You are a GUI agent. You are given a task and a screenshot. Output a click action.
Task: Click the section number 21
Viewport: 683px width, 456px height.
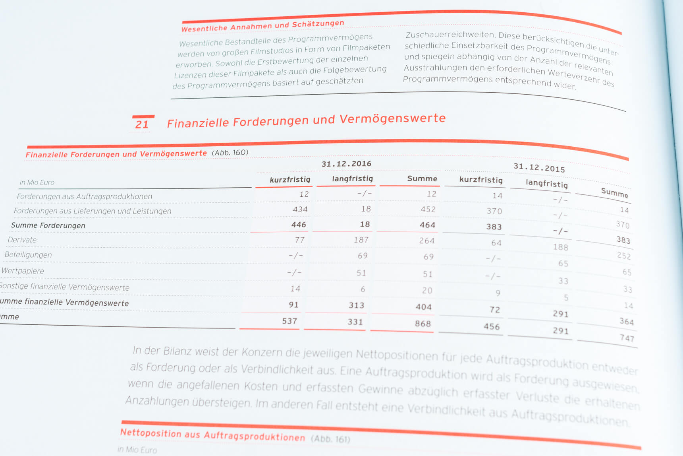(x=142, y=124)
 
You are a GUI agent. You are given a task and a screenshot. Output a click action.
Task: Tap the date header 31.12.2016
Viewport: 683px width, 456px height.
(x=346, y=164)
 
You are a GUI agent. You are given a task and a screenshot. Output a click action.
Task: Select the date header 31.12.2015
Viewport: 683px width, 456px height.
(x=539, y=167)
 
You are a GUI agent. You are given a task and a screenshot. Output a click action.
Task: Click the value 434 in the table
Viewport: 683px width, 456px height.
(x=300, y=210)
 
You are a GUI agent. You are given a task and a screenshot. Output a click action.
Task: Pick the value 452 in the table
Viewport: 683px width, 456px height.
(x=428, y=210)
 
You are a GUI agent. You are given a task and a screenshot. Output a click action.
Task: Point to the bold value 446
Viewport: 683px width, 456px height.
(x=299, y=225)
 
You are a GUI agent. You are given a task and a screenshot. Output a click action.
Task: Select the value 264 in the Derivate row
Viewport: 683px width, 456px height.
(x=426, y=241)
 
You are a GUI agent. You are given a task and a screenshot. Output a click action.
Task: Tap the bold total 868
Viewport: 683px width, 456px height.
(x=423, y=324)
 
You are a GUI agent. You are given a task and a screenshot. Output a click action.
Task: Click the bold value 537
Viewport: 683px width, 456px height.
(x=289, y=321)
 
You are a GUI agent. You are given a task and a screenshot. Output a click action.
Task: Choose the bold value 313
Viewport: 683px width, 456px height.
(x=356, y=305)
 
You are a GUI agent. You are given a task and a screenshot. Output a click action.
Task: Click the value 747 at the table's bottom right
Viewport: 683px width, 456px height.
(x=627, y=338)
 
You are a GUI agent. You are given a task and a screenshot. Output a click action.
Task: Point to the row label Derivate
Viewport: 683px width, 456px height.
(x=22, y=240)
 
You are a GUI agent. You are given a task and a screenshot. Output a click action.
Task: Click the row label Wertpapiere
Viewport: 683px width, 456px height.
(x=23, y=271)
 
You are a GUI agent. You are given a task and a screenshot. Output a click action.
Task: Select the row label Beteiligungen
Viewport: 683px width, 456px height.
(x=28, y=255)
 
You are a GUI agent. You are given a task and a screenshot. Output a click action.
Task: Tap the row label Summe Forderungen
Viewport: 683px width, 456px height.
(x=48, y=225)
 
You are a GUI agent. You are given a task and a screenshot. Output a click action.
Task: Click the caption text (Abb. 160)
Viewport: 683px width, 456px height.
(x=230, y=153)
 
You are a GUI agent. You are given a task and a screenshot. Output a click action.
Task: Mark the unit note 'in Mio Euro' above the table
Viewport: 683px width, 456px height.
(x=37, y=182)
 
